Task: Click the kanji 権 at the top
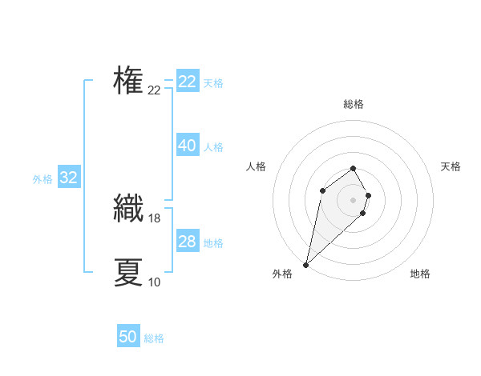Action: tap(128, 81)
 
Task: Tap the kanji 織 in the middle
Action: tap(129, 209)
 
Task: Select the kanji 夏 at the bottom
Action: tap(128, 272)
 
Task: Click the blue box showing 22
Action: tap(188, 82)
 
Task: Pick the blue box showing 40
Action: tap(188, 146)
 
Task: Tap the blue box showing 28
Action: tap(188, 242)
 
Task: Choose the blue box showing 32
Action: tap(69, 178)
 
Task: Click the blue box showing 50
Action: tap(128, 337)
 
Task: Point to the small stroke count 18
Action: tap(156, 218)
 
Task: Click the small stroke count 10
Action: tap(154, 282)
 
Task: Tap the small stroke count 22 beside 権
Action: tap(154, 90)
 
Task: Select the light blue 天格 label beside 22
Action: tap(213, 83)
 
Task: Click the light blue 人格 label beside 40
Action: tap(213, 147)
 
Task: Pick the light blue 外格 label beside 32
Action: tap(42, 179)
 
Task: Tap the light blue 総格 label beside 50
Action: tap(154, 338)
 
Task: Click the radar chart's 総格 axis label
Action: tap(354, 104)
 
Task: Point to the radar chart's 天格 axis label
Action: tap(451, 166)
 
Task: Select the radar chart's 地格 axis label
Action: tap(420, 274)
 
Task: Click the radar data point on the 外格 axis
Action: tap(306, 265)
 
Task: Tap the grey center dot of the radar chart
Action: tap(354, 200)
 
